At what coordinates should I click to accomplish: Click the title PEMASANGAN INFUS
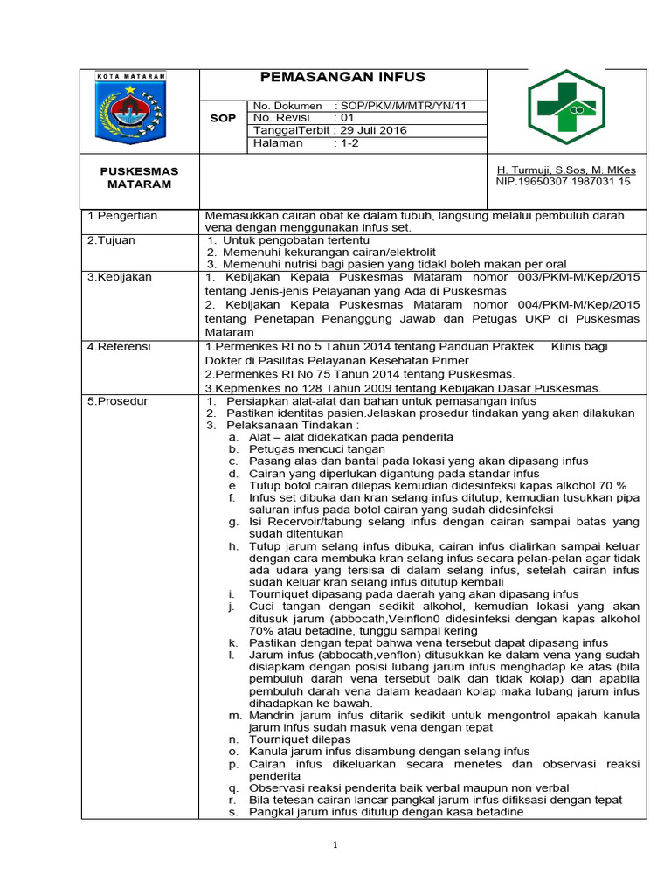pyautogui.click(x=342, y=78)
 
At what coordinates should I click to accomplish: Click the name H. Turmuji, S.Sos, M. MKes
pyautogui.click(x=566, y=170)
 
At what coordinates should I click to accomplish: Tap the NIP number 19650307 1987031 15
pyautogui.click(x=563, y=182)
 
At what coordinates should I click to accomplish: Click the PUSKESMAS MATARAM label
pyautogui.click(x=139, y=177)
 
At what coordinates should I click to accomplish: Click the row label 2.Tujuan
pyautogui.click(x=111, y=239)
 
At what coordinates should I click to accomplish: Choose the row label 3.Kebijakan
pyautogui.click(x=120, y=277)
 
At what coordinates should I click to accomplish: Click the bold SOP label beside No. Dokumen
pyautogui.click(x=224, y=118)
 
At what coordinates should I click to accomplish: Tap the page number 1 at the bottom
pyautogui.click(x=335, y=845)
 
